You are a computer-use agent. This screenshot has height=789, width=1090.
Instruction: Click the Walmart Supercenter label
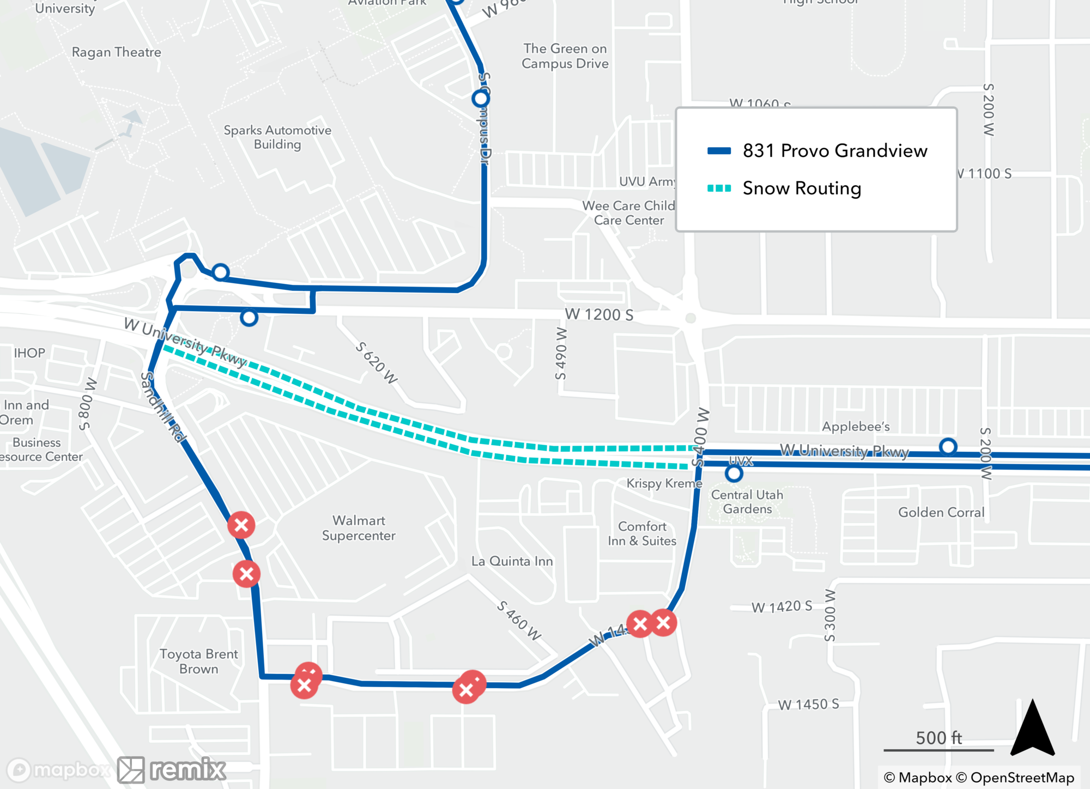tap(359, 528)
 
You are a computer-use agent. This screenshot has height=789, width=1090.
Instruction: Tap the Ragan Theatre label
tap(117, 52)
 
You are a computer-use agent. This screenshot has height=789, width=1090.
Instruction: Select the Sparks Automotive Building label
tap(277, 137)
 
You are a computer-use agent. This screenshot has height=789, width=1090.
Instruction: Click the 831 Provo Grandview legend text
tap(834, 151)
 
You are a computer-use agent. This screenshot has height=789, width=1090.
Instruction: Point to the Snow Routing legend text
tap(802, 189)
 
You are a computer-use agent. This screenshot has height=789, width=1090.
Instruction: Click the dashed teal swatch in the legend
tap(719, 189)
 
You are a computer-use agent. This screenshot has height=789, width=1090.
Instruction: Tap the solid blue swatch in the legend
tap(719, 151)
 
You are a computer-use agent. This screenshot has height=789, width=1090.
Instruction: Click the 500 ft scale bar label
tap(938, 738)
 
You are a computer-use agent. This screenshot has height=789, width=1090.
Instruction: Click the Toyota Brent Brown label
tap(199, 661)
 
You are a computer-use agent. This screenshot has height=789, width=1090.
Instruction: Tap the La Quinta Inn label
tap(512, 561)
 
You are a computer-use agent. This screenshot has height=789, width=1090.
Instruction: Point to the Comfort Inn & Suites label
tap(642, 533)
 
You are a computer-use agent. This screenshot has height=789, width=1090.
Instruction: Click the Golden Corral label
tap(941, 512)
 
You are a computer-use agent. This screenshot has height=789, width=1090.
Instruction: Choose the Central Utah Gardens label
tap(747, 502)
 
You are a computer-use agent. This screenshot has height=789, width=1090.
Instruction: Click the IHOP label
tap(29, 353)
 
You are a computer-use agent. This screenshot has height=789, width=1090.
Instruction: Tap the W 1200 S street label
tap(599, 314)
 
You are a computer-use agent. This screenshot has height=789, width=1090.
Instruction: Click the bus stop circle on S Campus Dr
tap(481, 99)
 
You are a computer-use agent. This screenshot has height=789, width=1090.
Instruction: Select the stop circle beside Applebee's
tap(948, 447)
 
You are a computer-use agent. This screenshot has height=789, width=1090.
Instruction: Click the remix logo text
tap(187, 769)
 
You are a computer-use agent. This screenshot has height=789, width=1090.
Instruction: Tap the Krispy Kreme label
tap(664, 483)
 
